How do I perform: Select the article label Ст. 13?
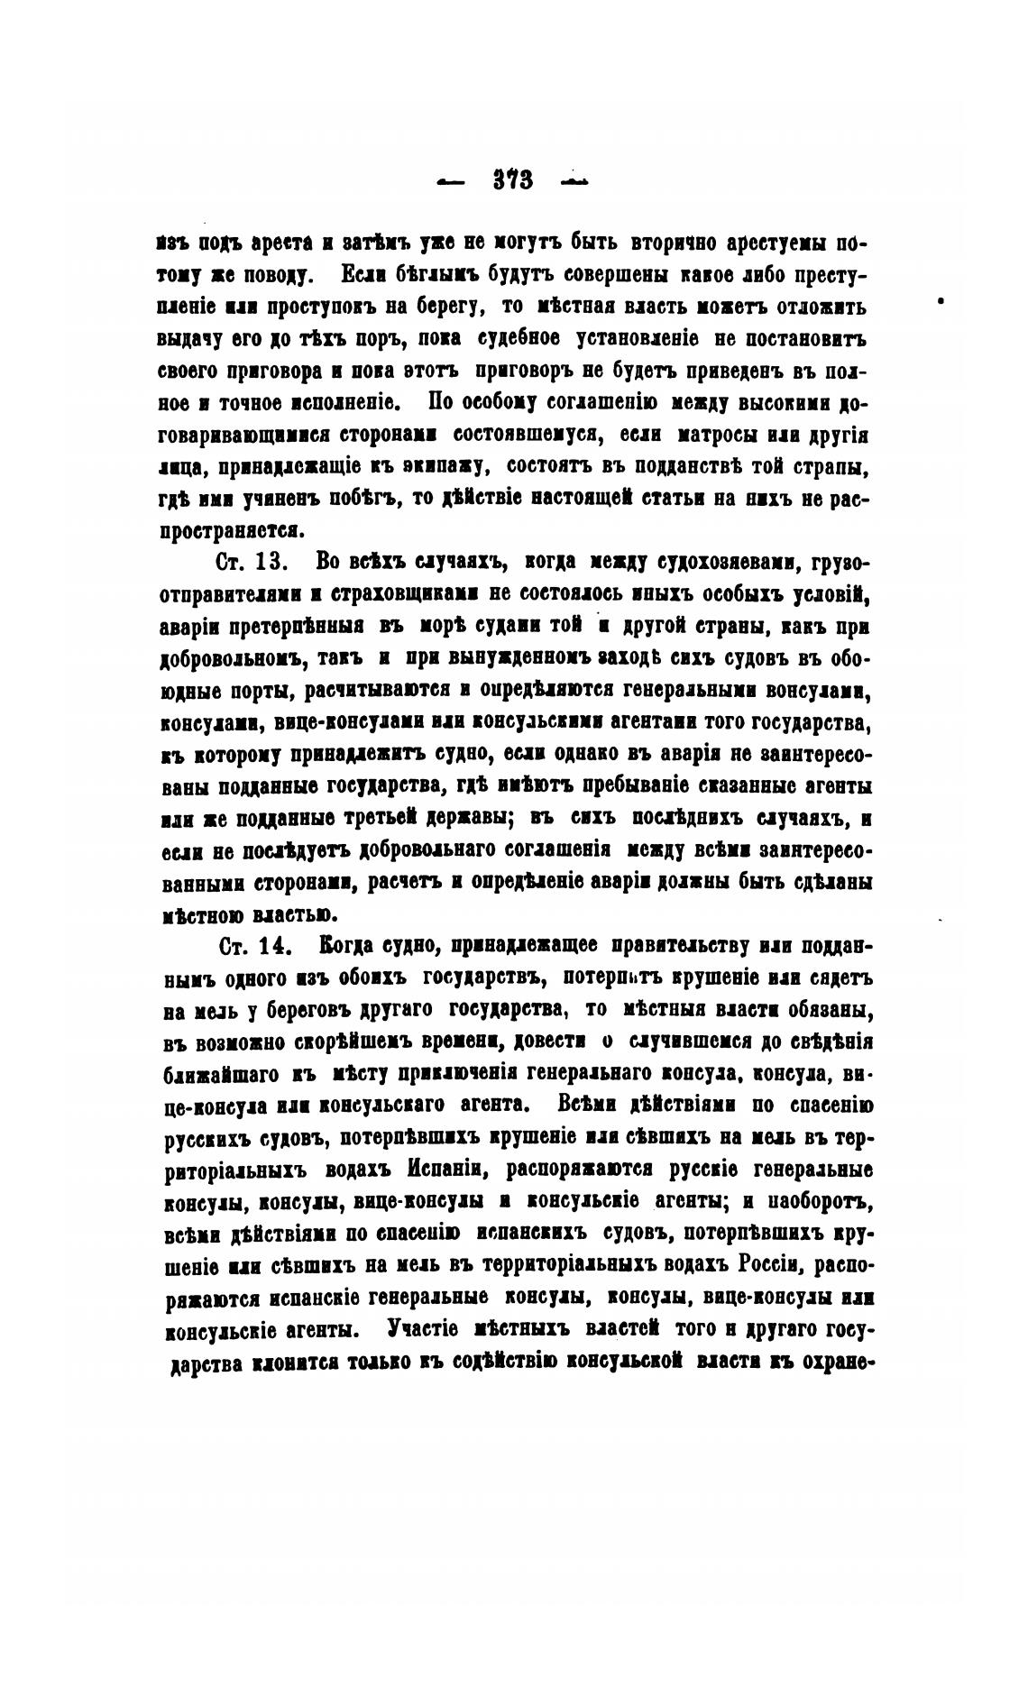[252, 563]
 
